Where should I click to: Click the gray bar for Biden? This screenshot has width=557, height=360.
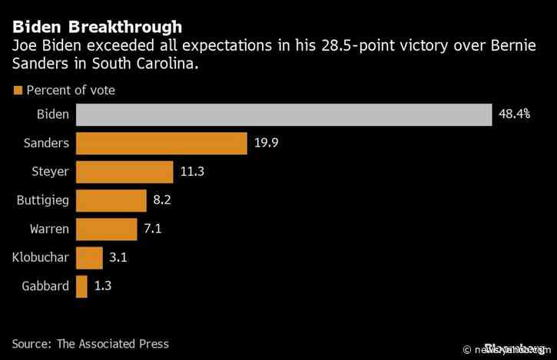pos(283,114)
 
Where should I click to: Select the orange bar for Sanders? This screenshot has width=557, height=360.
pos(161,144)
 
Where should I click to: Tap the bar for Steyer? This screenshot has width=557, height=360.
pos(128,172)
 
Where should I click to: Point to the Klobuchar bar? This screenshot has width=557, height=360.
pos(89,257)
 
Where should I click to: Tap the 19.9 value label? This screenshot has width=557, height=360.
pos(266,144)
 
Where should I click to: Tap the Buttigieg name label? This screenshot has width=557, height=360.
pos(42,200)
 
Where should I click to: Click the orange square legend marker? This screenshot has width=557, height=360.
pos(17,90)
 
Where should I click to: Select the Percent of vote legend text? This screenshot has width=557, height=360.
pos(71,90)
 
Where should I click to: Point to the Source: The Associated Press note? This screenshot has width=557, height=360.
pos(90,343)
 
